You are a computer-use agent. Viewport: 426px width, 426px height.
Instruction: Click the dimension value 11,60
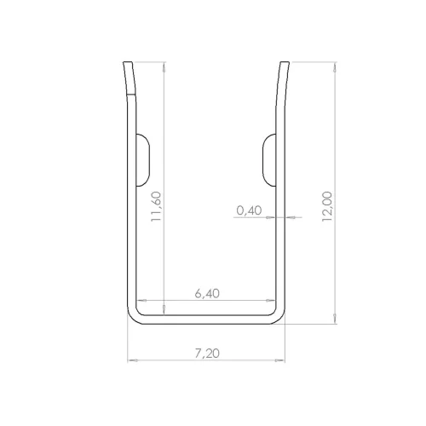point(156,206)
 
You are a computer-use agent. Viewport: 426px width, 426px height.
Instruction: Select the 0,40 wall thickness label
point(250,209)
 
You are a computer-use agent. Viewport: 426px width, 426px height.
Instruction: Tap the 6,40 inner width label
point(207,293)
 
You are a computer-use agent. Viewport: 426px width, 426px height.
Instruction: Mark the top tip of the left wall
point(128,63)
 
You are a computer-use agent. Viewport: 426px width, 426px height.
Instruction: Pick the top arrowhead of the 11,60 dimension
point(162,65)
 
